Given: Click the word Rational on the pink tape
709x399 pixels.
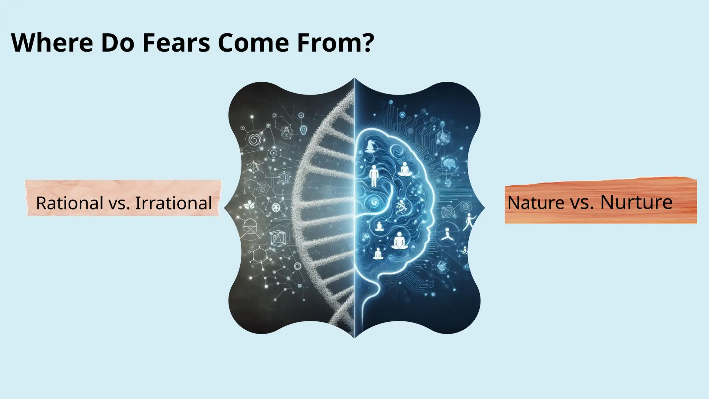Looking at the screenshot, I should click(x=70, y=203).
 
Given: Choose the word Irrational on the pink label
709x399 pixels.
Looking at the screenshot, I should click(x=173, y=203).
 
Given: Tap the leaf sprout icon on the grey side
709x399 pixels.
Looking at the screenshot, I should click(x=249, y=206).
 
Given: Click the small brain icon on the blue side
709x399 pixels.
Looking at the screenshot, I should click(x=450, y=163).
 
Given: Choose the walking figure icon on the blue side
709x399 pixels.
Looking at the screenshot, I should click(x=470, y=222).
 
